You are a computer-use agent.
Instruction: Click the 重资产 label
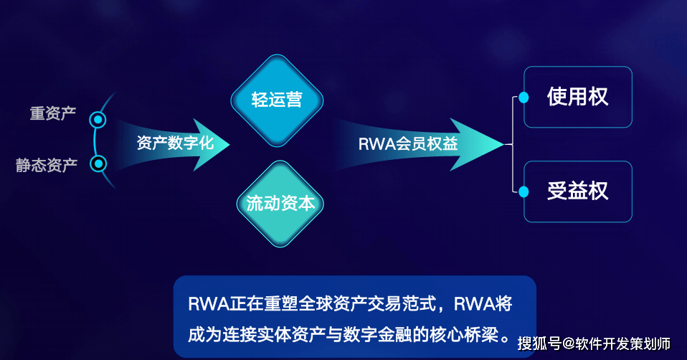(53, 114)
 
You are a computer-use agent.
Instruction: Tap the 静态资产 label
(47, 166)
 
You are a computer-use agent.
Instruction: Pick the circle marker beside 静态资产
(99, 164)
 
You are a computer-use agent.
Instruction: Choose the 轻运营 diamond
(277, 100)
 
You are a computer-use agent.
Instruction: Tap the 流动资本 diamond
(276, 204)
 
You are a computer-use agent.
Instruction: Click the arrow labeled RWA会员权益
(416, 143)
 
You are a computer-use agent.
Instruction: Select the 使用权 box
(578, 97)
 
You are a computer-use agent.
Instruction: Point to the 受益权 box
(578, 191)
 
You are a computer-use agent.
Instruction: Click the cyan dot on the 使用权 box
(524, 97)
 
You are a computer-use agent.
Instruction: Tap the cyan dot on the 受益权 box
(524, 191)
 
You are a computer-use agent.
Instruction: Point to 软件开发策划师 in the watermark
(622, 343)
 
